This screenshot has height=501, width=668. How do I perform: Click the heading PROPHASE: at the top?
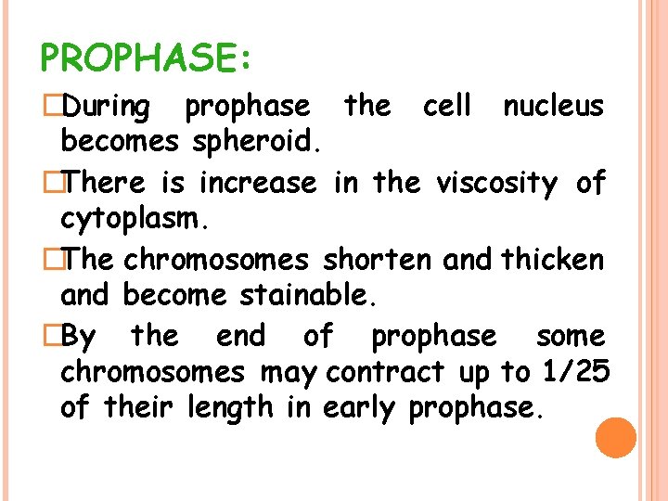pyautogui.click(x=146, y=58)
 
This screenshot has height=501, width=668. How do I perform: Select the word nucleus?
pyautogui.click(x=553, y=107)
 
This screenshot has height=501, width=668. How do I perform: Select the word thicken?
pyautogui.click(x=553, y=259)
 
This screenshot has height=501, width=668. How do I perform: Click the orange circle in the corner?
pyautogui.click(x=616, y=438)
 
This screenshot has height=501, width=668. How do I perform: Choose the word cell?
pyautogui.click(x=447, y=107)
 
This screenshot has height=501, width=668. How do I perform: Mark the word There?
pyautogui.click(x=106, y=183)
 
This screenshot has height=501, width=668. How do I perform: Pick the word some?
pyautogui.click(x=571, y=335)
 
